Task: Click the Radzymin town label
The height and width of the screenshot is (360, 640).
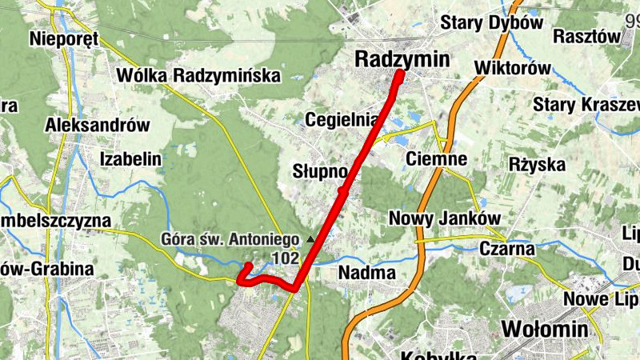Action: click(402, 58)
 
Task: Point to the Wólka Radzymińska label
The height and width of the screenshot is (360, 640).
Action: click(198, 76)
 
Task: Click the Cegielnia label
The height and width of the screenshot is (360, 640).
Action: click(341, 121)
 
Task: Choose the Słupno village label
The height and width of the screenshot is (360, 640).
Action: click(319, 172)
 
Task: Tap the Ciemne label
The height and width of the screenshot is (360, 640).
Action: click(436, 158)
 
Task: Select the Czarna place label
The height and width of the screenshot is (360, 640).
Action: click(506, 248)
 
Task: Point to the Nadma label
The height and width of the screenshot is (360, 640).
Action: click(367, 272)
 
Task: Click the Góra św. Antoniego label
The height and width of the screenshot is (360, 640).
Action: click(229, 238)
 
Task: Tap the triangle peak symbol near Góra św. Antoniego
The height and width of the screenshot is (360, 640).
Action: click(311, 238)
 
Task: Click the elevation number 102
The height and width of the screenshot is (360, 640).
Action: click(285, 258)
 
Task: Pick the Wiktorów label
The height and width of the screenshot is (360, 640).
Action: click(513, 68)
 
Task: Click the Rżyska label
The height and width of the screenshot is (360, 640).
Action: click(537, 165)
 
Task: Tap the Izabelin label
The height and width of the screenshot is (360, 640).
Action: click(131, 158)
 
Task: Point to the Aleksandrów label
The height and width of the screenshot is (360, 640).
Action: click(98, 125)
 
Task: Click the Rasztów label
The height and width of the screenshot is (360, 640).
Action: click(587, 37)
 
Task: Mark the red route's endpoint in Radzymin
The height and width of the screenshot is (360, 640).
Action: click(399, 75)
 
